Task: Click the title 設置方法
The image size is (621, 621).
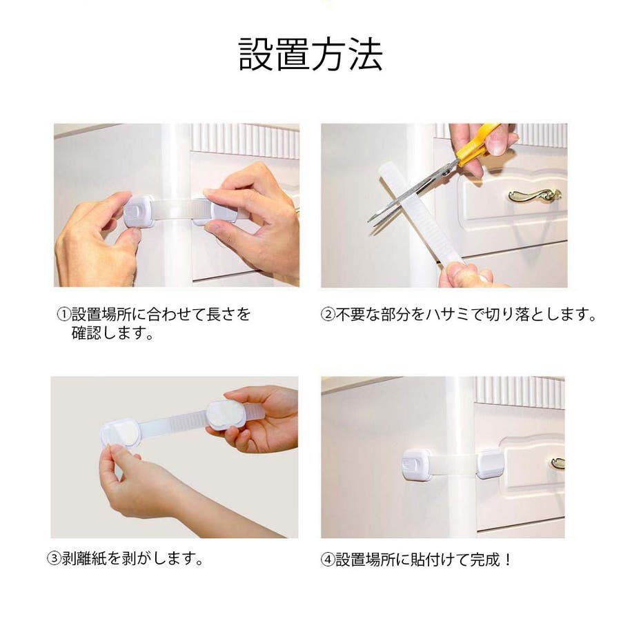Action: [310, 55]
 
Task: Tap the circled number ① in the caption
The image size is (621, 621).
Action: [63, 315]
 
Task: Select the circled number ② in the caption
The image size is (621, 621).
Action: [328, 315]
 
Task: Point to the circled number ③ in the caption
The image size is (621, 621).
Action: [55, 558]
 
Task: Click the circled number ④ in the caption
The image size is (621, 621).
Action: [328, 560]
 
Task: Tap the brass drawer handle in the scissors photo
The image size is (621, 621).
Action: [535, 195]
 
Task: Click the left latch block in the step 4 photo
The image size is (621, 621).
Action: [417, 464]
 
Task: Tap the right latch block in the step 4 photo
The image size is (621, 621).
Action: [491, 464]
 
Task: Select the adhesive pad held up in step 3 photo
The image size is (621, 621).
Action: [226, 414]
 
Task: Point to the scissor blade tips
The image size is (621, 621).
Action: [370, 221]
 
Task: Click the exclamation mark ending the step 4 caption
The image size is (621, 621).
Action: [508, 560]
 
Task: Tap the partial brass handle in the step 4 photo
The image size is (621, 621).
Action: [558, 464]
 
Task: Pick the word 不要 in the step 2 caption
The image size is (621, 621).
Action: [351, 315]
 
